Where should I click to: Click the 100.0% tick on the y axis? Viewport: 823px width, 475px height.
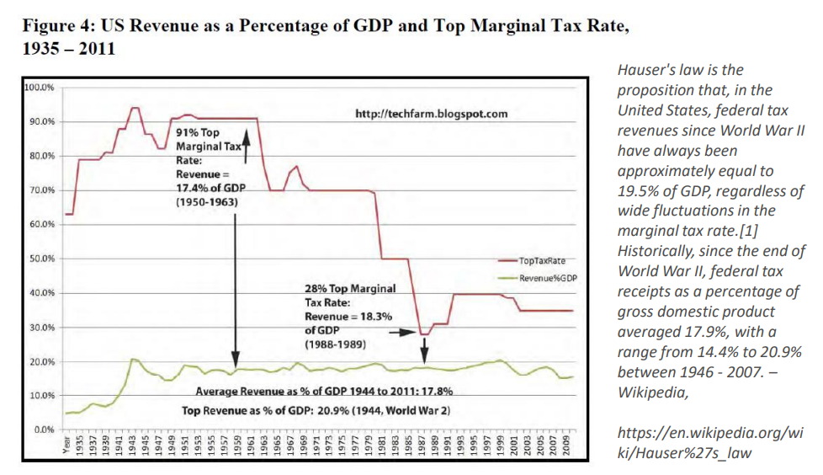40,88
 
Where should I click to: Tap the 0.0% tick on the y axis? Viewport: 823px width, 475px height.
44,430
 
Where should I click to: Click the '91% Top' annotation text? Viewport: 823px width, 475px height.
198,133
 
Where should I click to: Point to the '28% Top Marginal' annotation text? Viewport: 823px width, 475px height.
349,289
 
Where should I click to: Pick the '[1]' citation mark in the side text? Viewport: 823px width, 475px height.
754,231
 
